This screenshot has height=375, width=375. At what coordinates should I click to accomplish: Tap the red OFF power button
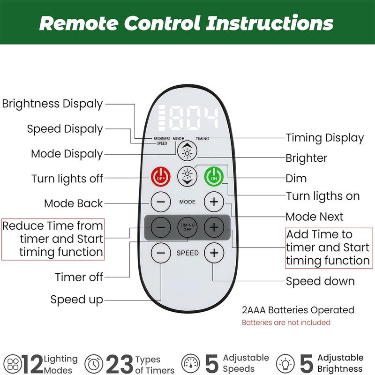pyautogui.click(x=161, y=177)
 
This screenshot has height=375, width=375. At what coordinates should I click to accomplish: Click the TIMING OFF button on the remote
pyautogui.click(x=187, y=227)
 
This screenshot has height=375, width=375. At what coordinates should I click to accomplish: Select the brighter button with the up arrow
pyautogui.click(x=187, y=151)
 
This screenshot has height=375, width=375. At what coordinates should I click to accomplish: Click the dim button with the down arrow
pyautogui.click(x=187, y=176)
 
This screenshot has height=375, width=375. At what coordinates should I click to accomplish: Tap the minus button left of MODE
pyautogui.click(x=161, y=202)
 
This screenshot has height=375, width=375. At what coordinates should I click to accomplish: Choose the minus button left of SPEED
pyautogui.click(x=161, y=253)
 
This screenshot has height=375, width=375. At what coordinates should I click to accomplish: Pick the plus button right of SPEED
pyautogui.click(x=214, y=253)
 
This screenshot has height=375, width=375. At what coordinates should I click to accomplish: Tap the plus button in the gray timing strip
pyautogui.click(x=214, y=227)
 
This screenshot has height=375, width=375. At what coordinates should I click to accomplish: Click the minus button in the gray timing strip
pyautogui.click(x=161, y=227)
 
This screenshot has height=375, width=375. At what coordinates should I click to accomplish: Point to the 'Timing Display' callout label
pyautogui.click(x=325, y=138)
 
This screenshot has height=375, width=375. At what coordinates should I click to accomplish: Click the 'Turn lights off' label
pyautogui.click(x=67, y=179)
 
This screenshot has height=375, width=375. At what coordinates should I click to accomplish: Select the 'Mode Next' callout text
pyautogui.click(x=315, y=217)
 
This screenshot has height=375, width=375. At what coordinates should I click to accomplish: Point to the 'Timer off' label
pyautogui.click(x=79, y=277)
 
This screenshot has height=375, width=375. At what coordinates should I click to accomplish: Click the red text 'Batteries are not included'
pyautogui.click(x=286, y=322)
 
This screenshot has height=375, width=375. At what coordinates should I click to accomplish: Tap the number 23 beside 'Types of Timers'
pyautogui.click(x=120, y=364)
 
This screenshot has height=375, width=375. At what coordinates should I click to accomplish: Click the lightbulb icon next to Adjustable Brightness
pyautogui.click(x=285, y=364)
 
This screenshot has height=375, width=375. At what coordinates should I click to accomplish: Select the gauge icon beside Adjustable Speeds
pyautogui.click(x=191, y=364)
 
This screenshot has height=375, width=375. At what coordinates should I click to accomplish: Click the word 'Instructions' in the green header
pyautogui.click(x=270, y=23)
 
